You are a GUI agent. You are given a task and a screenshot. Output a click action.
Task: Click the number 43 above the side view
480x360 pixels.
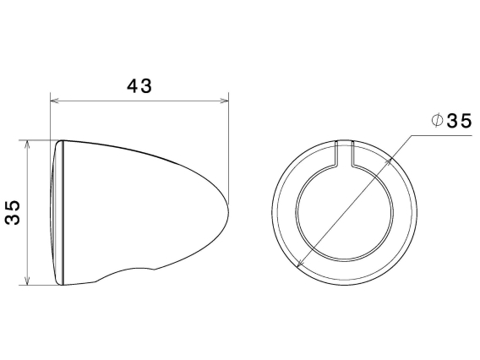pyautogui.click(x=139, y=86)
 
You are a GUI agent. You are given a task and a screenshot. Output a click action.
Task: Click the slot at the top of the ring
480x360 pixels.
pyautogui.click(x=345, y=152)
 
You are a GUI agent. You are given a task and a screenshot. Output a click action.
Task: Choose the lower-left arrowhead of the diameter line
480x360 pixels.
pyautogui.click(x=302, y=265)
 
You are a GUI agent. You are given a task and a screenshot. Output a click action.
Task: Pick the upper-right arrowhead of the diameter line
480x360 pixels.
pyautogui.click(x=391, y=155)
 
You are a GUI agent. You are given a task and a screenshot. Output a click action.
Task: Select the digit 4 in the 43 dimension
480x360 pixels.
pyautogui.click(x=133, y=86)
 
